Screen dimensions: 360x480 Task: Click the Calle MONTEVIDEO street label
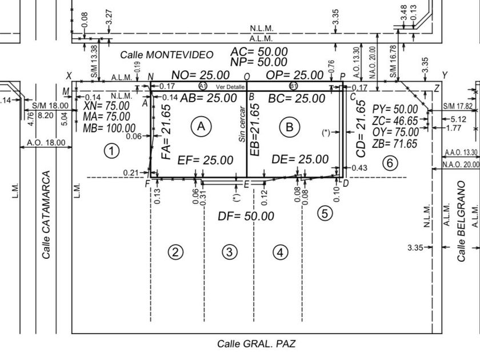167,55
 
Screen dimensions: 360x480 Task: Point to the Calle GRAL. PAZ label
257,343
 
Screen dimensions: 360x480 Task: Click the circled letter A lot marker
201,126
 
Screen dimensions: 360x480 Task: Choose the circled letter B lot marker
289,126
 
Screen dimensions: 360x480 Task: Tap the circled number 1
111,151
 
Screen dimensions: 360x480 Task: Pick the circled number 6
389,163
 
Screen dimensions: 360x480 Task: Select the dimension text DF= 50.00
246,216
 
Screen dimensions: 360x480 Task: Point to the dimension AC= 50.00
259,52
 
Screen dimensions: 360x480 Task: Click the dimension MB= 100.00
109,128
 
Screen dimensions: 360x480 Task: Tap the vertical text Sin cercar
241,123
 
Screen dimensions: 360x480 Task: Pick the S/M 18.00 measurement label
50,106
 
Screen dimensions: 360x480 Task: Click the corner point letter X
69,76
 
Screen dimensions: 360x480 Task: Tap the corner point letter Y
445,75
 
